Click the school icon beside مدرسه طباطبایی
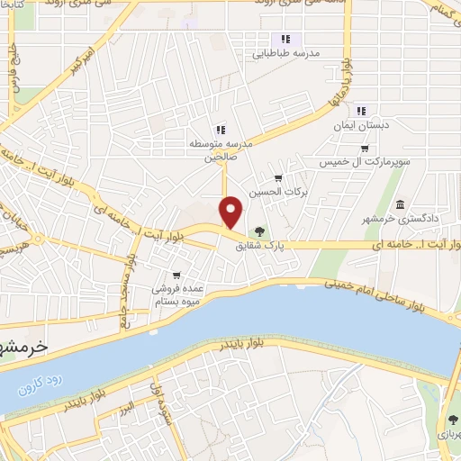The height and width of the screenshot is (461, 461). tap(285, 39)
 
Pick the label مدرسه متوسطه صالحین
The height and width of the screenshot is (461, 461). tap(220, 149)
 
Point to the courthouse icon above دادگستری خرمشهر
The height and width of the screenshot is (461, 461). tap(400, 204)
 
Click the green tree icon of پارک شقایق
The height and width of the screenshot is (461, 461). tap(260, 233)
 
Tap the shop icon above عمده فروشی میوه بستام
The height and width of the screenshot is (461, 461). tap(176, 275)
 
